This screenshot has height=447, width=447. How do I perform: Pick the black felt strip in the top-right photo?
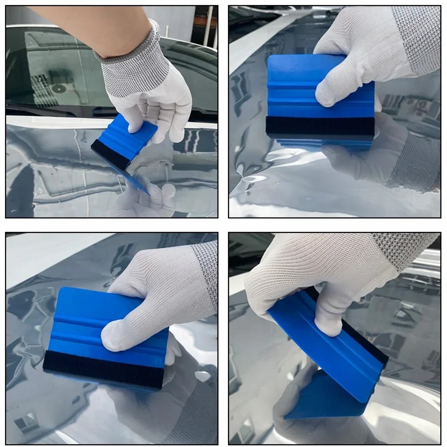320,126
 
